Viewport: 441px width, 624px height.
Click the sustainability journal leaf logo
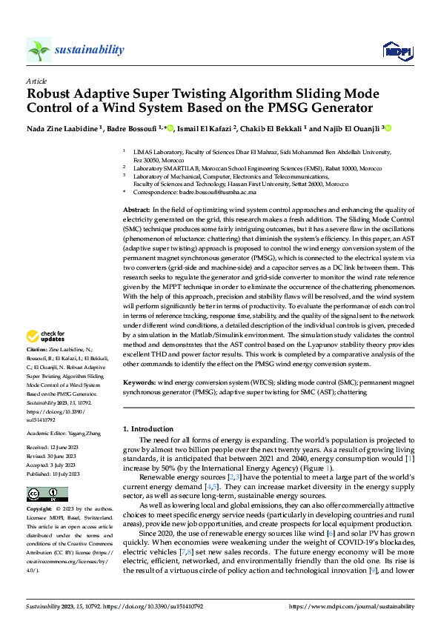click(x=39, y=50)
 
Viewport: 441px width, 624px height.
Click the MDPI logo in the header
click(x=392, y=50)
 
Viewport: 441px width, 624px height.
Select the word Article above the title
click(x=36, y=81)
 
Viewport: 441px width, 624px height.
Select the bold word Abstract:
click(x=137, y=210)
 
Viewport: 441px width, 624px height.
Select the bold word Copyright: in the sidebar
click(x=40, y=510)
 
